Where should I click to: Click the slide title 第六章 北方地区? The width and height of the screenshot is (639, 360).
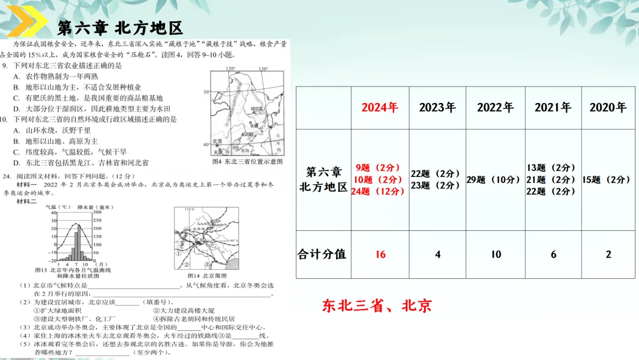(x=120, y=28)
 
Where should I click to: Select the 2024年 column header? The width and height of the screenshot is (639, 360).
(x=379, y=108)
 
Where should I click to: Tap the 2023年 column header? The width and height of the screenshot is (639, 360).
(x=437, y=108)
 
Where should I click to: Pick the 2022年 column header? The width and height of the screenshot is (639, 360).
(x=495, y=108)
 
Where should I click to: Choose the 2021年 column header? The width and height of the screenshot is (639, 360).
(x=553, y=108)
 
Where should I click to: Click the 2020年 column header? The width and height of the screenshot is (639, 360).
(x=608, y=108)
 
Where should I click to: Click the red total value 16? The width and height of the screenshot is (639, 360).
(x=380, y=254)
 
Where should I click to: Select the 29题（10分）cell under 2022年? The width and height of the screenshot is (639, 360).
(x=493, y=179)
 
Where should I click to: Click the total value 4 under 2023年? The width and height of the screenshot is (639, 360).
(x=437, y=254)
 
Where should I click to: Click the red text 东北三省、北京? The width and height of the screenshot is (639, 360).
(x=376, y=306)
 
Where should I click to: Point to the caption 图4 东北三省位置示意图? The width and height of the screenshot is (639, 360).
(x=247, y=162)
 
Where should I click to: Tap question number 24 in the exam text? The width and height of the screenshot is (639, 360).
(x=7, y=176)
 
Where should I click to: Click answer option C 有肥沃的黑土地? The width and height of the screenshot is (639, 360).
(x=89, y=98)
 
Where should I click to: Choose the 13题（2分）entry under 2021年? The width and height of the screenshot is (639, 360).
(x=551, y=168)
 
